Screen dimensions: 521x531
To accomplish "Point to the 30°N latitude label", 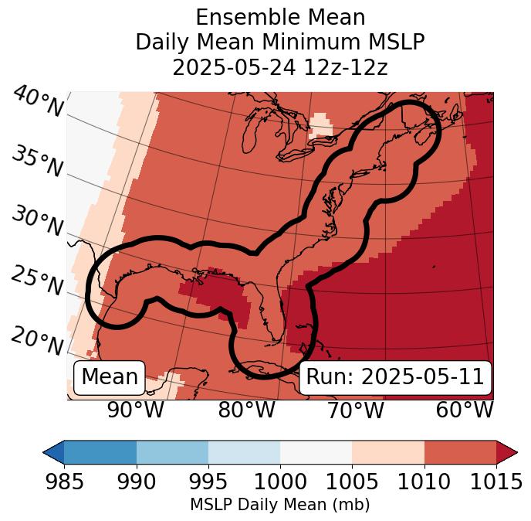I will click(x=37, y=223).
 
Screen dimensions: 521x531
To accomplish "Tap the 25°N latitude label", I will click(x=37, y=281).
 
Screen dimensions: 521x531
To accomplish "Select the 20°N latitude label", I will click(x=37, y=340).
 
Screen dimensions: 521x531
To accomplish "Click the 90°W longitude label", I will click(x=136, y=410).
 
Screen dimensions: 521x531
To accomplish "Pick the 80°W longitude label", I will click(x=246, y=410).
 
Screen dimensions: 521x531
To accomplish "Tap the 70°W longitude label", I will click(x=355, y=410).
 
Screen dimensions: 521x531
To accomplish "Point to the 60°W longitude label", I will click(x=465, y=410).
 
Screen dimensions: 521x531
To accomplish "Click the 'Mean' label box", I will click(x=110, y=377).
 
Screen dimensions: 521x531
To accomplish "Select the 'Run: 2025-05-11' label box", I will click(x=395, y=377).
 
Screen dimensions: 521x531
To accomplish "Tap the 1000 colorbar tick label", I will click(x=280, y=482).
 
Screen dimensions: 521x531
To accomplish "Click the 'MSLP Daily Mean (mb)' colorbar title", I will click(x=280, y=505).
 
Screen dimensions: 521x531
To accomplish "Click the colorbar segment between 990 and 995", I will click(x=172, y=451).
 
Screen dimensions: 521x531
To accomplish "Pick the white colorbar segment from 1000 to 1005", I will click(x=316, y=451).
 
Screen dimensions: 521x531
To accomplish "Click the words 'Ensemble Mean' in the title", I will click(x=280, y=17).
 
